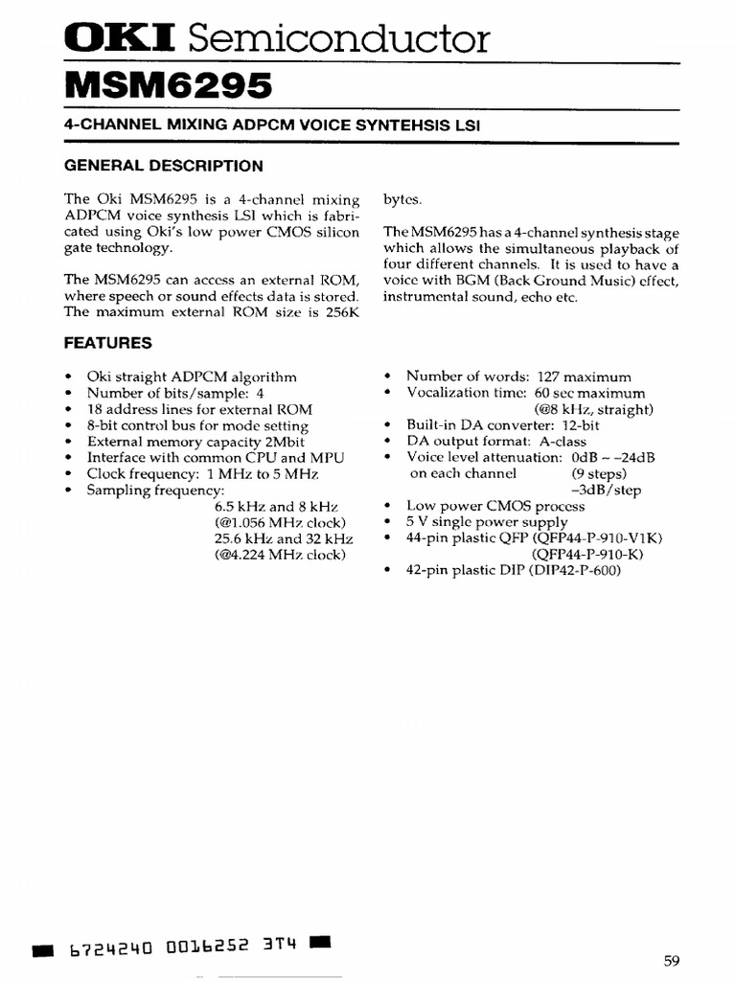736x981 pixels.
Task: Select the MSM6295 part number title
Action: (168, 86)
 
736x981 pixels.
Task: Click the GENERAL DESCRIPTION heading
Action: (163, 166)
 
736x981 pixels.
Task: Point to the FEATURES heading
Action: (107, 342)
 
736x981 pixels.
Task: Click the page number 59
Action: (671, 961)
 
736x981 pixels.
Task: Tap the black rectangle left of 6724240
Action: (43, 950)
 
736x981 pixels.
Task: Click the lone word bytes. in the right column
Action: (402, 199)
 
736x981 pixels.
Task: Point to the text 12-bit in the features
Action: (580, 425)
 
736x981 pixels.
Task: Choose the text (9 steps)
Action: (599, 473)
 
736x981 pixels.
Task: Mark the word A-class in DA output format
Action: (560, 442)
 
